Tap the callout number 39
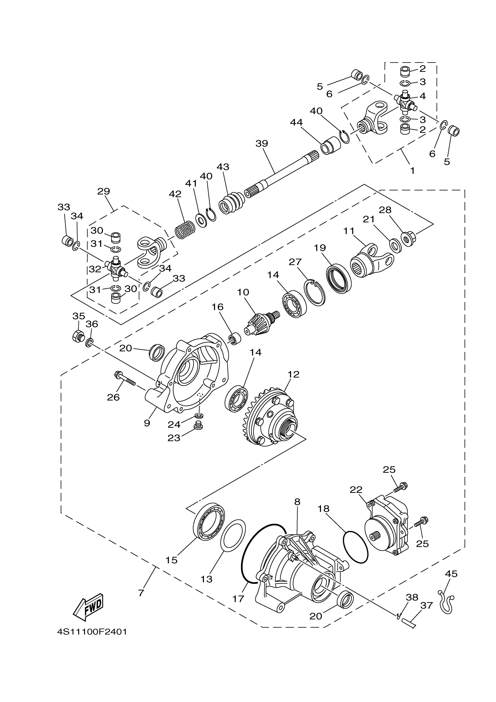262,143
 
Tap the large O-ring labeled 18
356,547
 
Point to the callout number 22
356,490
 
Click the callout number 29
103,191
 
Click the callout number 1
412,170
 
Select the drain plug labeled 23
199,426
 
